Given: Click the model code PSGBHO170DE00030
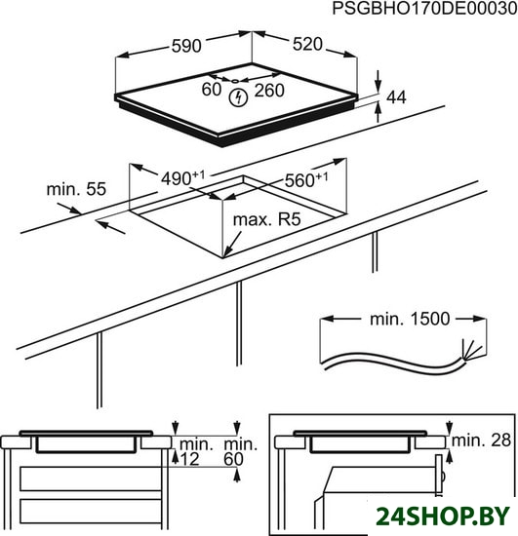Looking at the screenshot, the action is coord(424,8).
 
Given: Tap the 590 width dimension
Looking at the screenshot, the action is coord(186,46).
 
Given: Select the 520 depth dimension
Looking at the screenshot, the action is coord(307,45).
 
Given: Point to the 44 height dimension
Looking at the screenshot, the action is coord(396,97).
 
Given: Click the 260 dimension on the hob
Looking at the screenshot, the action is coord(269,91).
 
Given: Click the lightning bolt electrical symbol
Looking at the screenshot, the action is coord(238,97).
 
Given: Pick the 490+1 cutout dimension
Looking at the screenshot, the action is coord(182,178).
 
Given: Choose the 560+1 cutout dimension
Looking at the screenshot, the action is coord(306,180).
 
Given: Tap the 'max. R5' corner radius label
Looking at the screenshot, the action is coord(267,220).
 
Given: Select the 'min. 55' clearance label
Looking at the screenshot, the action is coord(76,189).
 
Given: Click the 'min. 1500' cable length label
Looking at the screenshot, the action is coord(410,319).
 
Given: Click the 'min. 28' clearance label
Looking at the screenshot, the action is coord(481,440).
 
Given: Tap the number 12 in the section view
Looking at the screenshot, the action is coord(189,459).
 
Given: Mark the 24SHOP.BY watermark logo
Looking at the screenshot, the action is coord(443,516).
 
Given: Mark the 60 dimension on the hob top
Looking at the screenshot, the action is coord(211,90).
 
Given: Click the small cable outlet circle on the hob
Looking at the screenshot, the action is coord(235,81).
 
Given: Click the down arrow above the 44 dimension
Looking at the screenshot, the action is coord(379,81).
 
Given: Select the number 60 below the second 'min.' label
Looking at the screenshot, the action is coord(234,459).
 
